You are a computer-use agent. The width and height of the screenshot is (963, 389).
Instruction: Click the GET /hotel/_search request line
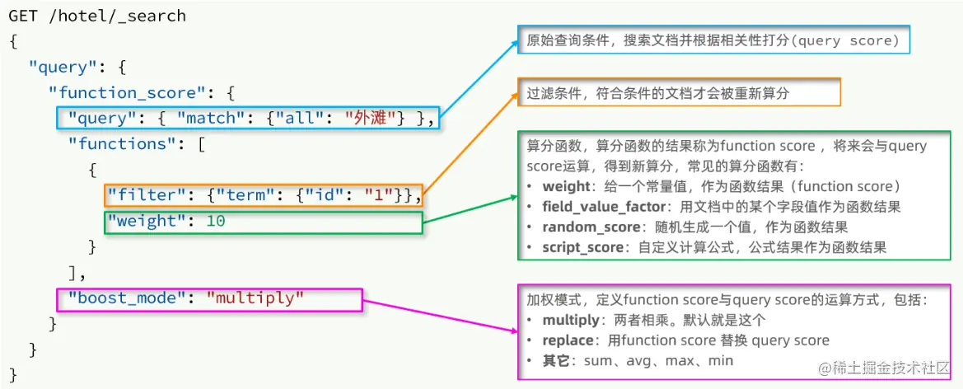click(x=97, y=16)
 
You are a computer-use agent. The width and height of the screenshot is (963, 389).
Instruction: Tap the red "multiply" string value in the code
click(x=255, y=298)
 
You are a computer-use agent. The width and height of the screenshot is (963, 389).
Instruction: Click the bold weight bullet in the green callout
click(x=566, y=185)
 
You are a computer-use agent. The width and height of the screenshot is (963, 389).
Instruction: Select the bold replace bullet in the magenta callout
click(x=567, y=340)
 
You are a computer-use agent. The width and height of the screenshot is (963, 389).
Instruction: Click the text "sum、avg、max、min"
click(x=658, y=361)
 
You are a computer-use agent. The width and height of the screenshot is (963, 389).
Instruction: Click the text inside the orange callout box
click(x=657, y=93)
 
